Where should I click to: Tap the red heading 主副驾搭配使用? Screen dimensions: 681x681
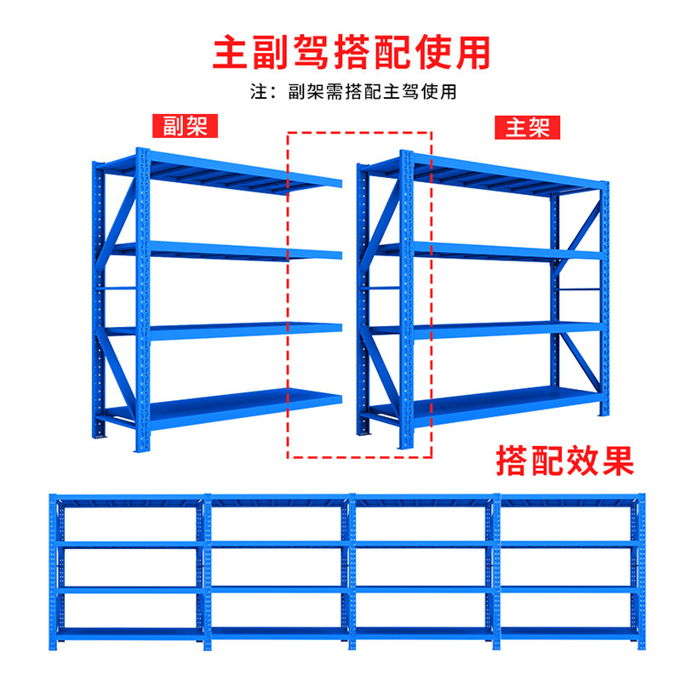pos(352,50)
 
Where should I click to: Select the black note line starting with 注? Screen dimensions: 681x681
pos(352,91)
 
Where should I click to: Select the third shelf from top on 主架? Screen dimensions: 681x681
pos(502,327)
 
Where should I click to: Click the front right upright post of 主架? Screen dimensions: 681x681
pos(604,298)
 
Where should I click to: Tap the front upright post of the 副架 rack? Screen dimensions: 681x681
pos(142,298)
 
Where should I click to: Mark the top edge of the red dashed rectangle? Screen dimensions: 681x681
pos(359,132)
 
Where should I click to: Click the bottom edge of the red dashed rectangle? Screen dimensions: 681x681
pos(359,458)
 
